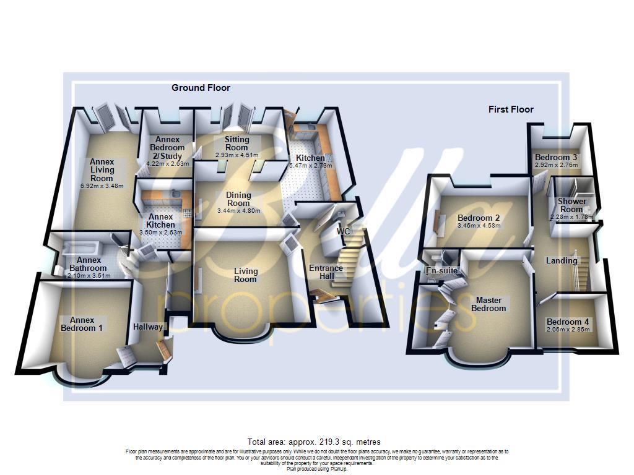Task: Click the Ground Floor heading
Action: tap(201, 88)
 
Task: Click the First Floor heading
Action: tap(511, 109)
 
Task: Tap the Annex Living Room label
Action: tap(102, 170)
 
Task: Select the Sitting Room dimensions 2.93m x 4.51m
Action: tap(237, 155)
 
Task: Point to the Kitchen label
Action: tap(310, 158)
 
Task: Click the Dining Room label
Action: tap(238, 199)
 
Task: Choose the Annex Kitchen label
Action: tap(160, 221)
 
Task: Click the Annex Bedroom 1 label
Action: tap(82, 323)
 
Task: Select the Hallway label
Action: tap(148, 327)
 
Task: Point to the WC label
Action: tap(344, 231)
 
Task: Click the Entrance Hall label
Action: tap(326, 272)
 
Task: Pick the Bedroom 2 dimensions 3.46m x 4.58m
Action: tap(479, 226)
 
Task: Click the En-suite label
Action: tap(441, 271)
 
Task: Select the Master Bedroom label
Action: tap(489, 304)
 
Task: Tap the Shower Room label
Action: tap(571, 205)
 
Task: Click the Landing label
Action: tap(561, 260)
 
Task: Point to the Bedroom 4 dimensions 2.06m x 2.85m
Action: tap(568, 330)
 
